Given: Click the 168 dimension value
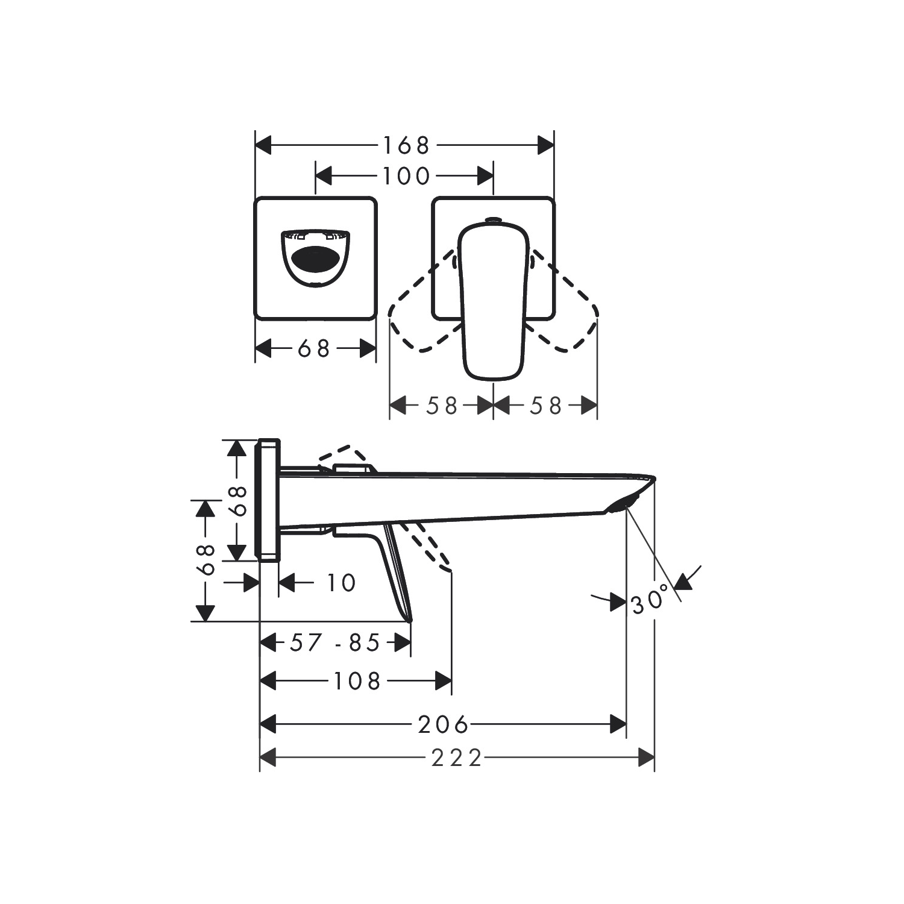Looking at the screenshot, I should tap(405, 145).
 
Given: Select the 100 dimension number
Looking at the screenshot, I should tap(405, 176).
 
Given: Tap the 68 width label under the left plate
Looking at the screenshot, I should tap(315, 348).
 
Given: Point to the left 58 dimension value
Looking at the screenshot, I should tap(442, 406).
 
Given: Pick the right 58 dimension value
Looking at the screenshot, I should tap(545, 406).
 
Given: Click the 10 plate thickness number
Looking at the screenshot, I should tap(341, 583).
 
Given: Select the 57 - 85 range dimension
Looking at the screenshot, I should tap(335, 643).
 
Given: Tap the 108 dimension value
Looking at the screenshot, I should tap(357, 681).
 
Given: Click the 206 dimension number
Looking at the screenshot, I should tap(443, 724).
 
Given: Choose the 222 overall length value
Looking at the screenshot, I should tap(457, 758).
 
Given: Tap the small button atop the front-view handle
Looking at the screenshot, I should tap(493, 220).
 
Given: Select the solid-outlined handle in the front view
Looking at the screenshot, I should tap(492, 301).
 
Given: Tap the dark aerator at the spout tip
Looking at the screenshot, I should tap(621, 504).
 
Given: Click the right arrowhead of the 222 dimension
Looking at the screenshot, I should tap(646, 758).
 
